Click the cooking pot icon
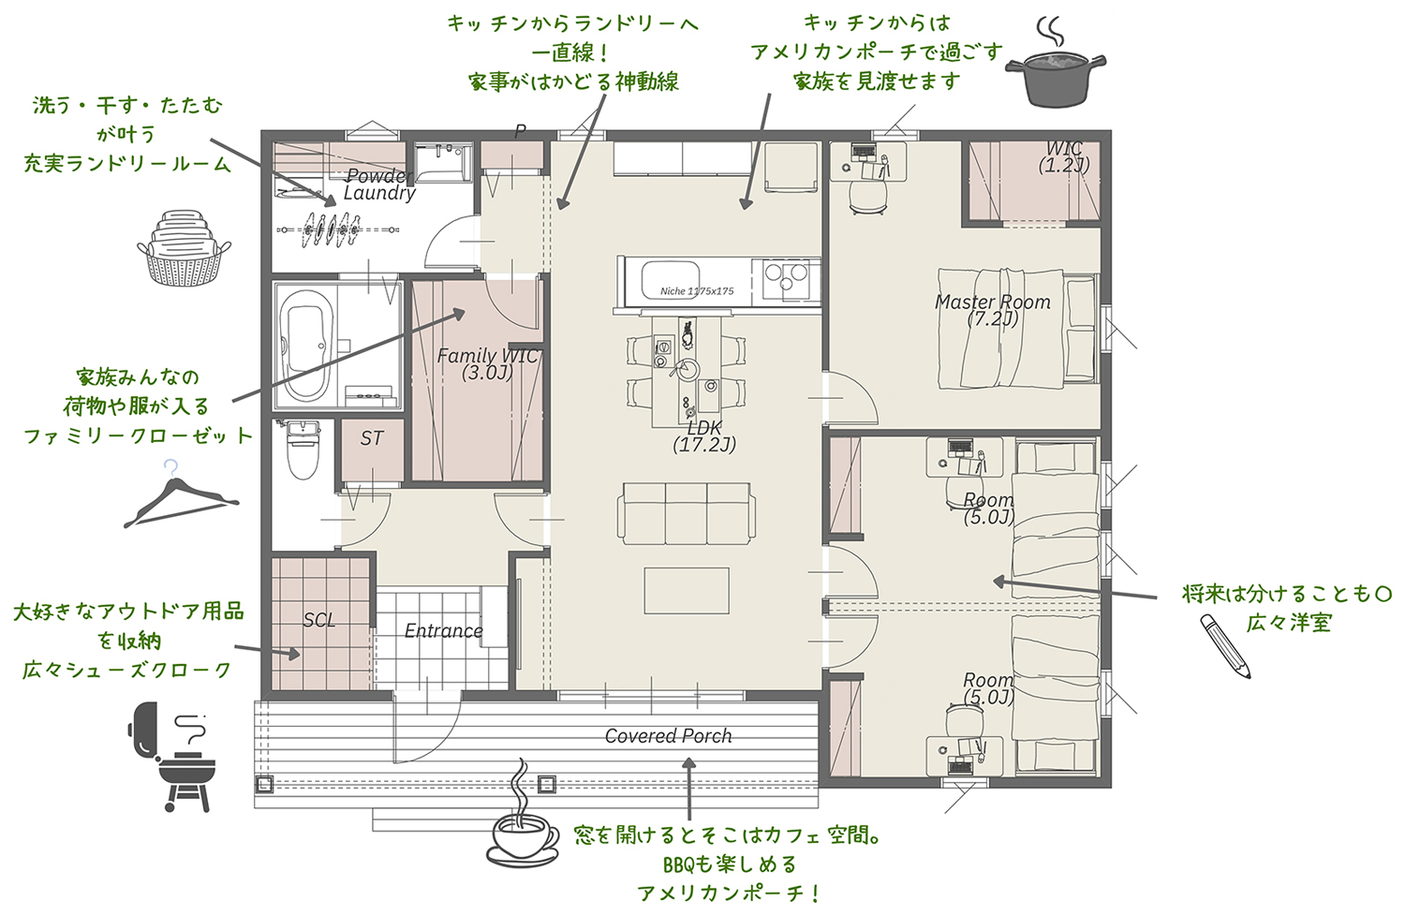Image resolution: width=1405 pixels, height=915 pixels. pyautogui.click(x=1056, y=75)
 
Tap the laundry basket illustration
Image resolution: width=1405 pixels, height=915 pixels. pyautogui.click(x=184, y=250)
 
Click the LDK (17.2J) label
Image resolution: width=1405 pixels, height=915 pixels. pyautogui.click(x=704, y=436)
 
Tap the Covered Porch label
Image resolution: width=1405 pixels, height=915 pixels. pyautogui.click(x=668, y=736)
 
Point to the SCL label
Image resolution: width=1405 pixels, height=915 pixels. pyautogui.click(x=319, y=620)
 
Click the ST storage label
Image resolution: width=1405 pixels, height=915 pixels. pyautogui.click(x=372, y=438)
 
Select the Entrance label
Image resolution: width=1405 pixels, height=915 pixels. pyautogui.click(x=443, y=631)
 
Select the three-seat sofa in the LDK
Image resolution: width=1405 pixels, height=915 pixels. pyautogui.click(x=686, y=512)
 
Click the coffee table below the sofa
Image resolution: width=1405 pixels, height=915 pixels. pyautogui.click(x=686, y=591)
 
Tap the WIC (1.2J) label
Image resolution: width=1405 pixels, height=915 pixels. pyautogui.click(x=1064, y=156)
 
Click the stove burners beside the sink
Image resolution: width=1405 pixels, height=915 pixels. pyautogui.click(x=787, y=278)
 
